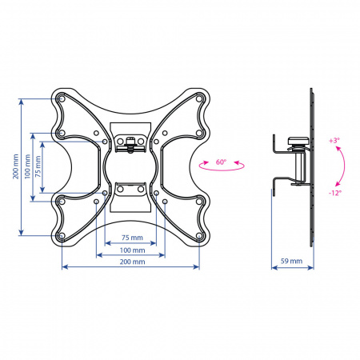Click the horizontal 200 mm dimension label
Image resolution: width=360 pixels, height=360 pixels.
[132, 262]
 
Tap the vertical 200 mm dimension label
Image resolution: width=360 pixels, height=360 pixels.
[16, 166]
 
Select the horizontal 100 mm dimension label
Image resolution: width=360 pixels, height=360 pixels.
[132, 250]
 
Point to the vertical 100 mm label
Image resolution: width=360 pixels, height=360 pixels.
[27, 166]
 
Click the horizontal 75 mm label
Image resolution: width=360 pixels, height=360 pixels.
[132, 238]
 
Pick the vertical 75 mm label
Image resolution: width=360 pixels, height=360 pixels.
[38, 166]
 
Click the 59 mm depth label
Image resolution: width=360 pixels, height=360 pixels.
[291, 261]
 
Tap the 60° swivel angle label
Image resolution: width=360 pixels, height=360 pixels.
[221, 162]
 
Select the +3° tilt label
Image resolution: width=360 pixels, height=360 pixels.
[334, 141]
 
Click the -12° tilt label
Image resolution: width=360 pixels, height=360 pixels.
[335, 193]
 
